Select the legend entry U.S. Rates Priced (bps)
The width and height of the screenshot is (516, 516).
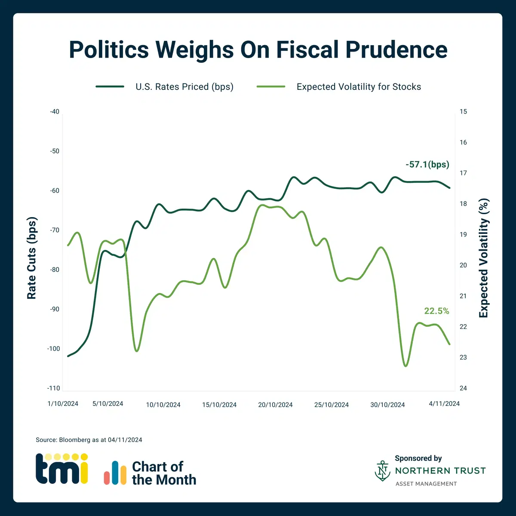point(184,87)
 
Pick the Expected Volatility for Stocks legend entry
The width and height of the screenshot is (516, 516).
point(359,87)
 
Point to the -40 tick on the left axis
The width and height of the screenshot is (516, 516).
point(55,111)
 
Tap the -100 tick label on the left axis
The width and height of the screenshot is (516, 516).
point(53,349)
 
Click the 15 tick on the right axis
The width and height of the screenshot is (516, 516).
point(463,111)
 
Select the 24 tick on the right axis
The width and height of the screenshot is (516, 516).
point(463,388)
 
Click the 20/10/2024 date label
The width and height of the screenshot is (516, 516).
point(275,405)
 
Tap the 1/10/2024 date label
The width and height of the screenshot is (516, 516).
point(63,403)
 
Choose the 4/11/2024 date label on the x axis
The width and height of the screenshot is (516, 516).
point(444,403)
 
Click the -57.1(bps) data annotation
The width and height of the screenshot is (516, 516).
point(427,164)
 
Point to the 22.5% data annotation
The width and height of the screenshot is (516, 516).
point(436,311)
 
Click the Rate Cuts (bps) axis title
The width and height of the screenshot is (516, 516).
point(32,258)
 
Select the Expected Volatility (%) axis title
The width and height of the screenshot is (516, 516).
point(484,258)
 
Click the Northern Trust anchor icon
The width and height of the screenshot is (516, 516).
point(382,470)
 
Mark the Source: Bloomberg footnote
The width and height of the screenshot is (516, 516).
point(89,440)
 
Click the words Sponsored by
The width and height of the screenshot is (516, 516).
point(418,458)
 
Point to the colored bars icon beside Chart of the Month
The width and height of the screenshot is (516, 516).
point(115,473)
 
